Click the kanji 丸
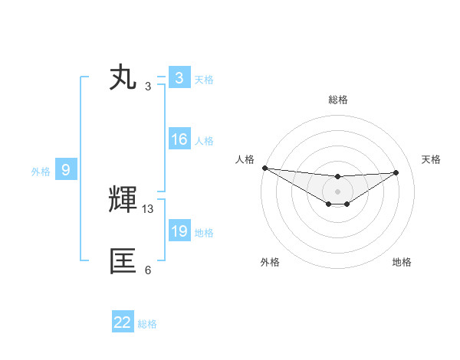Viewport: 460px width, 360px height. [x=123, y=78]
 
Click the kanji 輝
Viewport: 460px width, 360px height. [x=123, y=200]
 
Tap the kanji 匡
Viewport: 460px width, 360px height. [x=123, y=261]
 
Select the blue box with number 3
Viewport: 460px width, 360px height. [x=179, y=78]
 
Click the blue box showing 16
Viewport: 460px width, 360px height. [x=179, y=139]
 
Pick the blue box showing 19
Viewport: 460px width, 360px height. [x=179, y=231]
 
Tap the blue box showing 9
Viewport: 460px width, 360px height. [x=65, y=170]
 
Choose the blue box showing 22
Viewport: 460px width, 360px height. [x=123, y=322]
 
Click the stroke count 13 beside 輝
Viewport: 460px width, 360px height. [x=148, y=208]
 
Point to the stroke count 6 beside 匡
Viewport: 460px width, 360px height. [x=148, y=270]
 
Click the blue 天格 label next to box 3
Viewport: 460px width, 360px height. [x=204, y=80]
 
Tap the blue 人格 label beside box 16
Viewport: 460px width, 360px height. [x=204, y=141]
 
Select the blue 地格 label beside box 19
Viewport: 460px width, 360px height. [x=204, y=233]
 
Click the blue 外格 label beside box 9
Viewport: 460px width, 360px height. [x=41, y=172]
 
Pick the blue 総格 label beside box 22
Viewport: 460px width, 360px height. [x=147, y=324]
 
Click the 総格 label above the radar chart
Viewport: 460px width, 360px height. [x=337, y=100]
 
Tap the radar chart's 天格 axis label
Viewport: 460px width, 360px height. [x=431, y=159]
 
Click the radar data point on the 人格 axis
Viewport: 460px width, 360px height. [x=264, y=168]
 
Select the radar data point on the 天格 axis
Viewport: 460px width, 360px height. [x=396, y=172]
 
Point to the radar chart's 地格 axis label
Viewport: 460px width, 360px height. [x=402, y=262]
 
